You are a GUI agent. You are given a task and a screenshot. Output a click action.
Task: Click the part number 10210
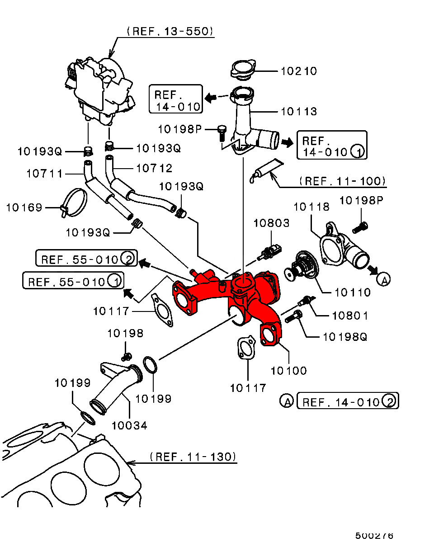pos(299,71)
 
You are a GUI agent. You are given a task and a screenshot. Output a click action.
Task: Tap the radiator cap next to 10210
pos(243,70)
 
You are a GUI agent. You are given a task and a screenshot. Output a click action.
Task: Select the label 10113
pos(299,111)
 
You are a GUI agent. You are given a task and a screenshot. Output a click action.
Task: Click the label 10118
pos(311,207)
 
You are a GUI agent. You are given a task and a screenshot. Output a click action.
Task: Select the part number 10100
pos(289,370)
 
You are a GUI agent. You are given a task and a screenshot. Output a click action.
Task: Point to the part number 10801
pos(350,316)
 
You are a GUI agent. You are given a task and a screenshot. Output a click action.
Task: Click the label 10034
pos(129,425)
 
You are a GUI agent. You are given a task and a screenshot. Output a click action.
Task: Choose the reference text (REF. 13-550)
pos(170,31)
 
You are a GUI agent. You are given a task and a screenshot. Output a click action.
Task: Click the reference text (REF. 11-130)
pos(193,457)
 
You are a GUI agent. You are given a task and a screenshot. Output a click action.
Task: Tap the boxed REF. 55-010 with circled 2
pos(86,259)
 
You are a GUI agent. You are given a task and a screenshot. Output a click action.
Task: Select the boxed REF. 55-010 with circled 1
pos(74,282)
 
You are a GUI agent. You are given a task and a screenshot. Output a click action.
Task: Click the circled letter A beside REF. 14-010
pos(286,401)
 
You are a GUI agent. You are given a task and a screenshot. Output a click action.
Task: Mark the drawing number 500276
pos(374,536)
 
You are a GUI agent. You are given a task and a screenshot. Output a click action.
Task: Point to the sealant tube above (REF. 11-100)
pos(267,169)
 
